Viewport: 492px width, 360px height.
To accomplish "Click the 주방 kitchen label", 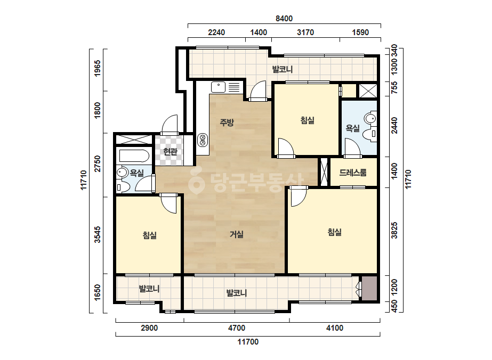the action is point(227,122).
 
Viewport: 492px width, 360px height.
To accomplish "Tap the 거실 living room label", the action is point(237,234).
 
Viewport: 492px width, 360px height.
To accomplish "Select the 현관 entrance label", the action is point(171,152).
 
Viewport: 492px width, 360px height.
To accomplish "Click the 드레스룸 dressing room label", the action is point(353,173).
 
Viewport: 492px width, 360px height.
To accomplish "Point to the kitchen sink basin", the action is point(218,87).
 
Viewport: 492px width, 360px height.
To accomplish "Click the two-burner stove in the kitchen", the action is point(203,140).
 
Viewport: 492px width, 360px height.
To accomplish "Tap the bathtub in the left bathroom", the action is point(134,156).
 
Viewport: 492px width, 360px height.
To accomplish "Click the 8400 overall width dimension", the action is point(284,19).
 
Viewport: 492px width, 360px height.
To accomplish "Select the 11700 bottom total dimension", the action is point(248,342).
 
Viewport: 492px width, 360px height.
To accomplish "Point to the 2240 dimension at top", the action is point(216,32).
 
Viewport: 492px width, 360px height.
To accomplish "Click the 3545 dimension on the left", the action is point(98,234).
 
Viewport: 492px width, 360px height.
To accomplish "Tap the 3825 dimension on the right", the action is point(394,231).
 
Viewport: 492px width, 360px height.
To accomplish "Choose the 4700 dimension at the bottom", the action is point(237,328).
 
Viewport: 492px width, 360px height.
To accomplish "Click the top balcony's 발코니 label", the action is point(283,69).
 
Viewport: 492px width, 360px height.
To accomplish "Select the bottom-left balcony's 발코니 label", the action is point(149,289).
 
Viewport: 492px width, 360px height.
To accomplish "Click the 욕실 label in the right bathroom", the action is point(353,128).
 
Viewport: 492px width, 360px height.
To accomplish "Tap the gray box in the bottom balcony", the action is point(369,289).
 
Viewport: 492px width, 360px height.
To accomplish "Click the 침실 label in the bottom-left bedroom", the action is point(150,235).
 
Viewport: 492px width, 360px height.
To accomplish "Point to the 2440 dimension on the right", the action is point(394,125).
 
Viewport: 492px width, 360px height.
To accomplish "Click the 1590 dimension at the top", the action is point(360,32).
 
